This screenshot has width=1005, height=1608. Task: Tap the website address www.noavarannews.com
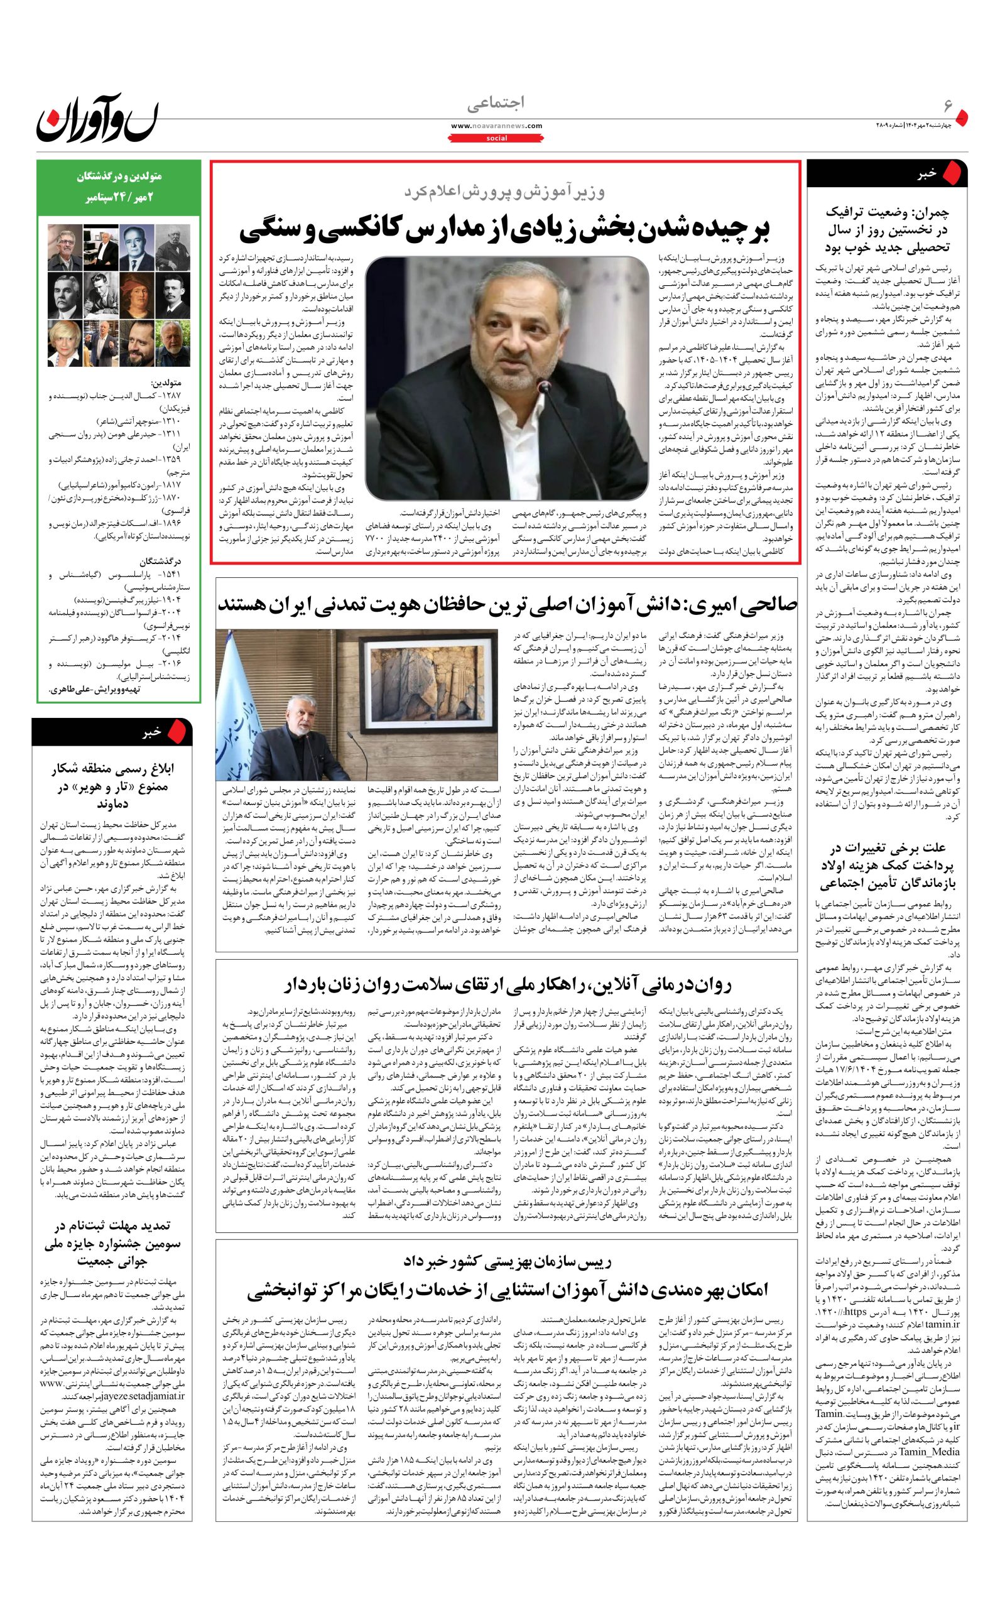click(x=496, y=126)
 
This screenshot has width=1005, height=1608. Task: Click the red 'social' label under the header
click(x=496, y=138)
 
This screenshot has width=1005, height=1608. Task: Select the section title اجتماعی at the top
click(x=495, y=104)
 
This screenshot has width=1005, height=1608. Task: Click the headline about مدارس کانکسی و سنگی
click(x=504, y=229)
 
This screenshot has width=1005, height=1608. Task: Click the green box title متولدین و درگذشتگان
click(x=116, y=177)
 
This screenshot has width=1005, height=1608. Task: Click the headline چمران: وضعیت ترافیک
click(x=887, y=230)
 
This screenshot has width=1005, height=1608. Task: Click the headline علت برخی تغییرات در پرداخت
click(x=887, y=866)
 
